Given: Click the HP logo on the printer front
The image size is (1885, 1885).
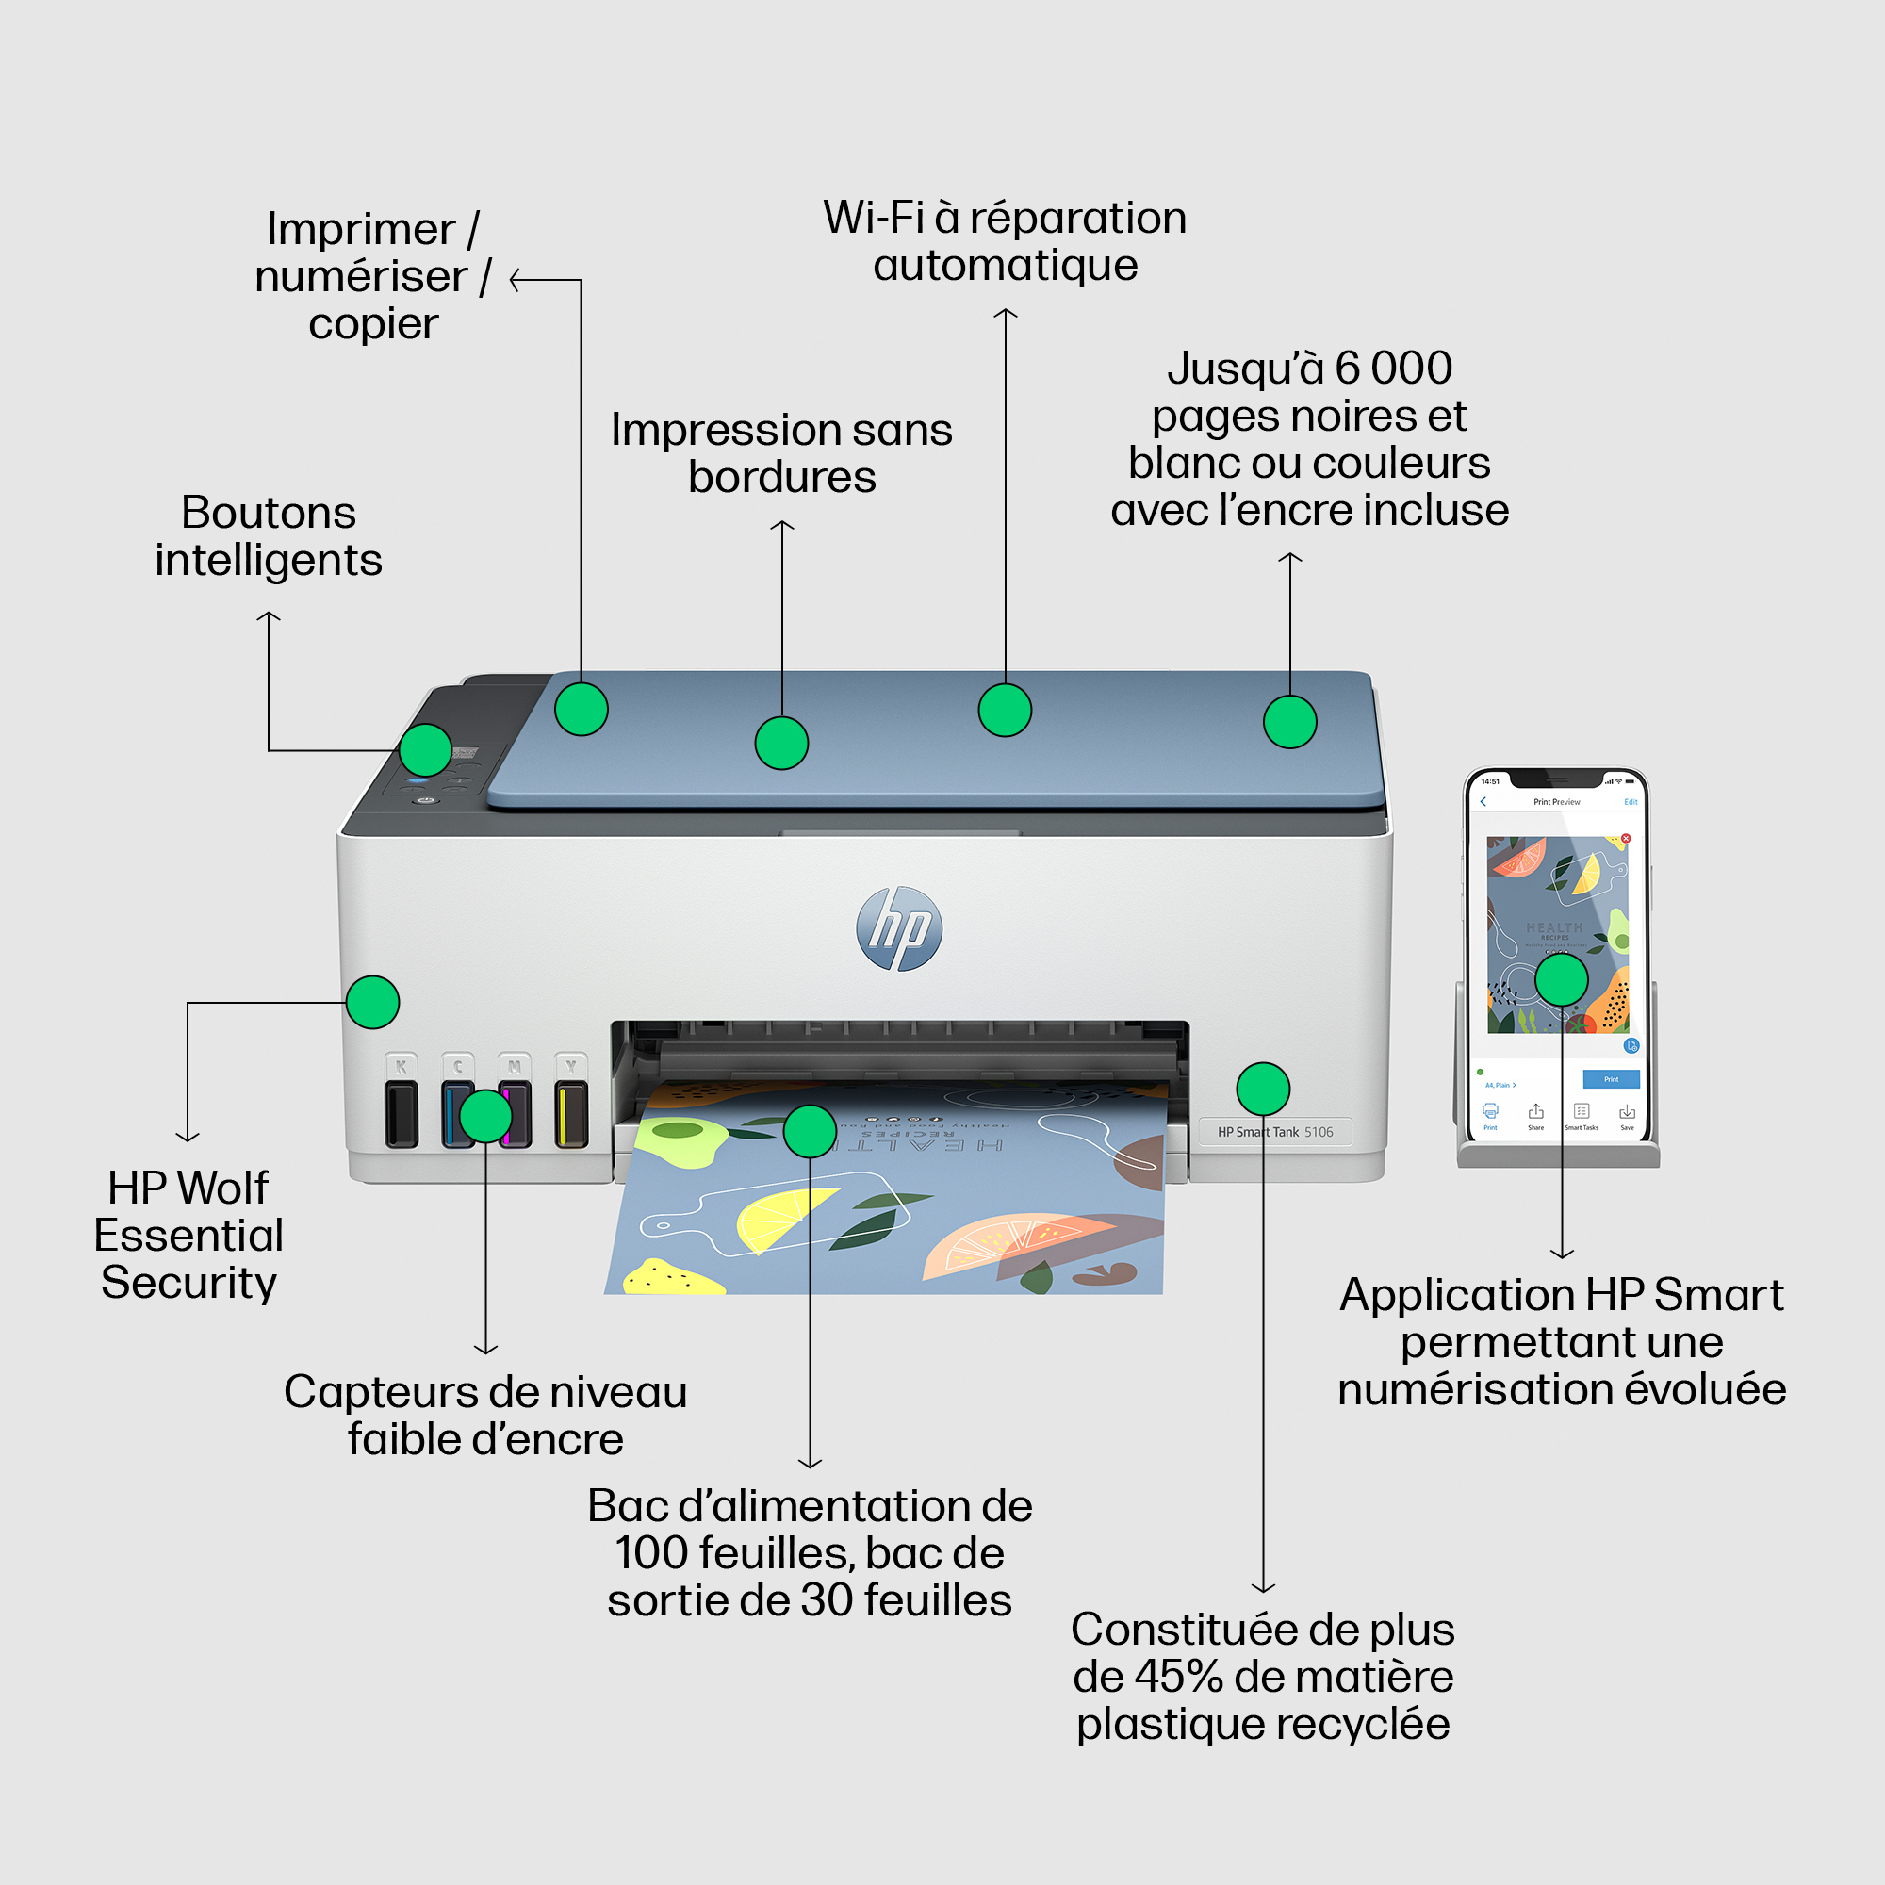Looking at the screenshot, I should point(898,929).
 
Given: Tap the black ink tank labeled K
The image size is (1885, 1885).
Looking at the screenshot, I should point(401,1112).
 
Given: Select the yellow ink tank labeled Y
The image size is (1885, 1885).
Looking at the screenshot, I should point(571,1112).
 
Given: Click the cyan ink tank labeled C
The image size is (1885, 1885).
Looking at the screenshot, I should point(455,1112).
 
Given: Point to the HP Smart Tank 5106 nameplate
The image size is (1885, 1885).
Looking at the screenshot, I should point(1274,1132).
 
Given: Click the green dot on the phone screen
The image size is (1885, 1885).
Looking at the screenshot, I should point(1561,979).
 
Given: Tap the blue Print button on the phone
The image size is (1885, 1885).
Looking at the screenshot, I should point(1610,1079).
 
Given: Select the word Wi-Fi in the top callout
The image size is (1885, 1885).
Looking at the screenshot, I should point(874,218).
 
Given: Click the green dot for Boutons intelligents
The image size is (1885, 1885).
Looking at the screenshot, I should point(425,750).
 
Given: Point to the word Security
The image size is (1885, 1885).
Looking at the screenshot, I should point(189,1282).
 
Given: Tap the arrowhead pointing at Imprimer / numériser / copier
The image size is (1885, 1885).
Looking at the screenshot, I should point(516,281).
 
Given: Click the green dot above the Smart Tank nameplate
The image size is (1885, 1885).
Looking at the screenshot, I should point(1263,1089).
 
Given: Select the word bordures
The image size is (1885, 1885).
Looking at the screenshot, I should point(781,477).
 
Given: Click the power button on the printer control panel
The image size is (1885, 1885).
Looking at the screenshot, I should point(424,800).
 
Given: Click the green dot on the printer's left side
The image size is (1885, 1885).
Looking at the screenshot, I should point(372,1002).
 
